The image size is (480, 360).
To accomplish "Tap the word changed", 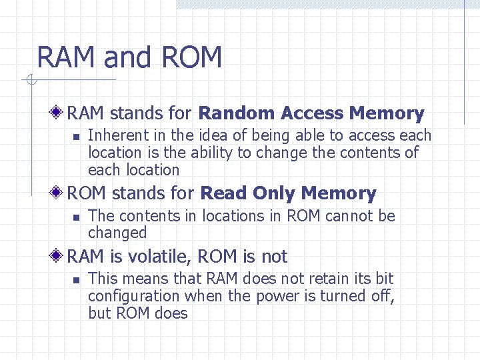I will pyautogui.click(x=117, y=233).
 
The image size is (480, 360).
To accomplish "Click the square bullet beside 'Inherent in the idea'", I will pyautogui.click(x=76, y=137).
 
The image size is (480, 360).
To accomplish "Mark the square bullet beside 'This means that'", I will pyautogui.click(x=76, y=280).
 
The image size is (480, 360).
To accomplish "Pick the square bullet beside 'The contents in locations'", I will pyautogui.click(x=76, y=217).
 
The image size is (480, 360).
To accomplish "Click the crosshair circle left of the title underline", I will pyautogui.click(x=31, y=81).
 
